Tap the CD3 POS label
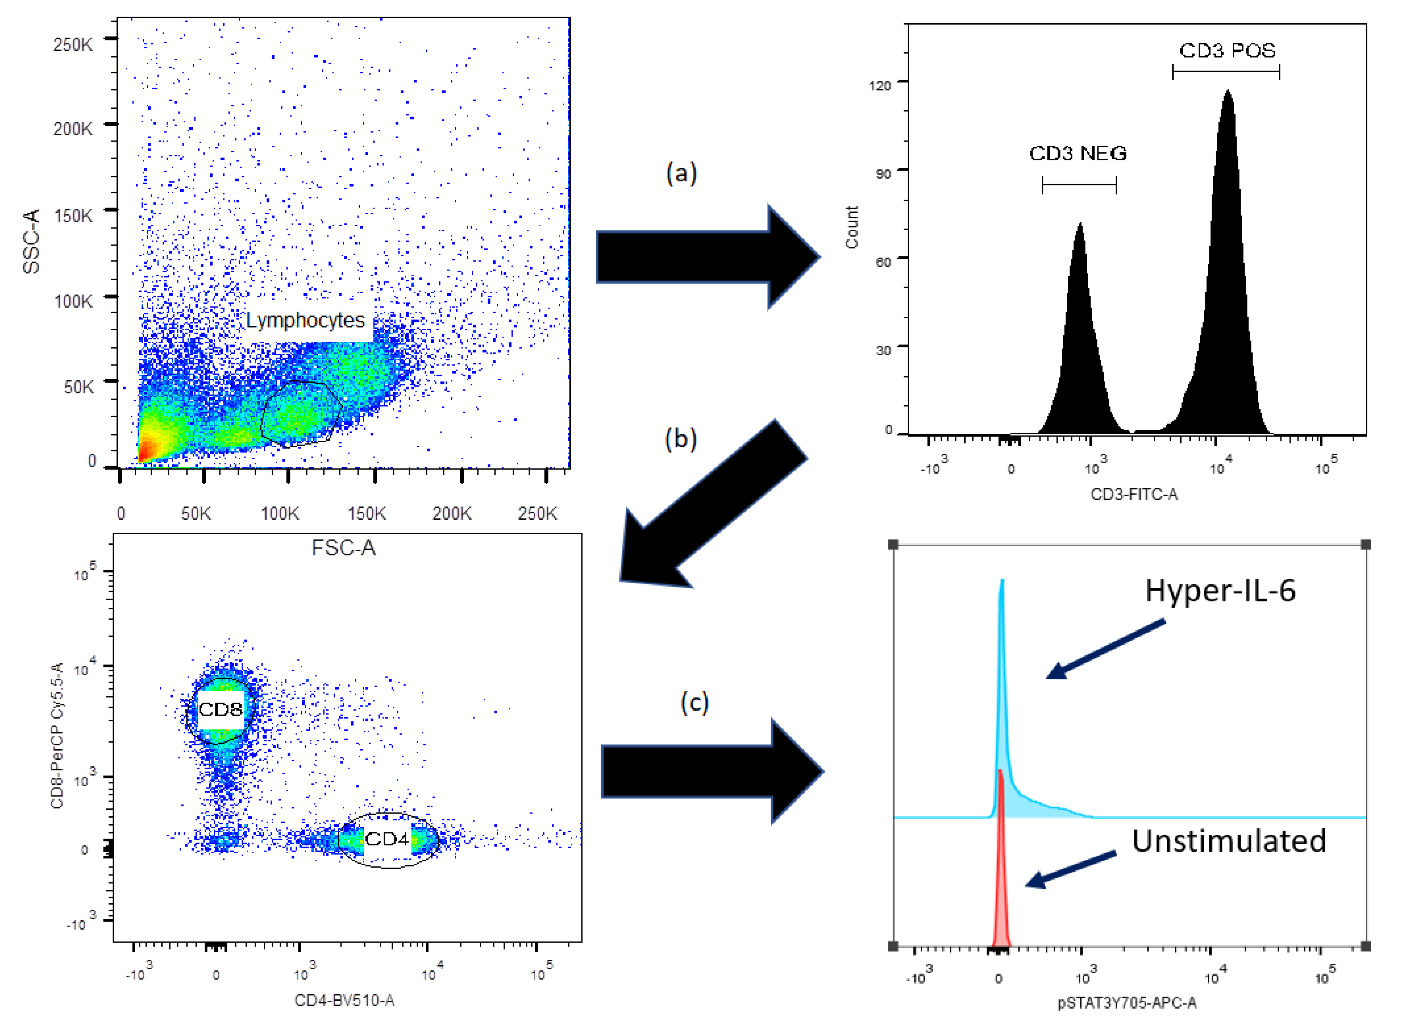pyautogui.click(x=1228, y=51)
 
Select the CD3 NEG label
pyautogui.click(x=1078, y=154)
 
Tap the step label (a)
pyautogui.click(x=681, y=173)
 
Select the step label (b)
pyautogui.click(x=681, y=439)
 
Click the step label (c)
pyautogui.click(x=694, y=703)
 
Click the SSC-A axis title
pyautogui.click(x=31, y=241)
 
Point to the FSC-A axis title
pyautogui.click(x=344, y=548)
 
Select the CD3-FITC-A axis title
pyautogui.click(x=1134, y=494)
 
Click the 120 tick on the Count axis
pyautogui.click(x=880, y=85)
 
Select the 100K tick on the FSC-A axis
pyautogui.click(x=280, y=513)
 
